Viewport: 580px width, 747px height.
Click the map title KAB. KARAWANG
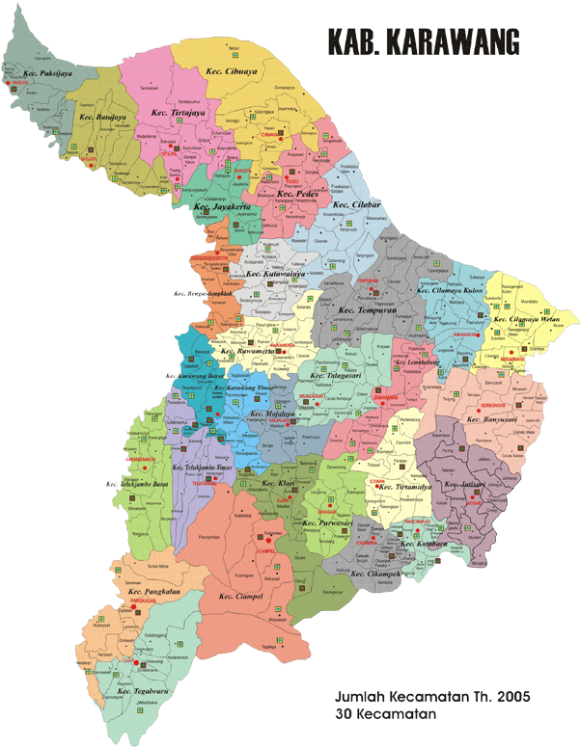click(x=424, y=41)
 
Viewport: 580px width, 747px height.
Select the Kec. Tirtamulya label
click(x=410, y=487)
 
